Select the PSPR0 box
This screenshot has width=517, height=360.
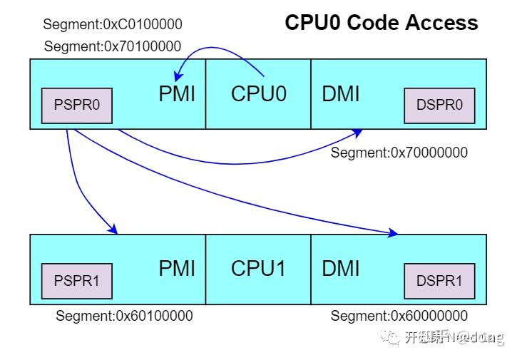pyautogui.click(x=77, y=106)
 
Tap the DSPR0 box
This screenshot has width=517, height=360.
pyautogui.click(x=439, y=106)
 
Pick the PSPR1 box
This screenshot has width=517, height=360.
pyautogui.click(x=77, y=280)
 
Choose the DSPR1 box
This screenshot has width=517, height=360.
pyautogui.click(x=439, y=280)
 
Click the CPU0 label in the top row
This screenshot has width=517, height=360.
pyautogui.click(x=258, y=94)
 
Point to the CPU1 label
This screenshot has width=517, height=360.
pyautogui.click(x=258, y=269)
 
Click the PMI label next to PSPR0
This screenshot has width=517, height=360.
pyautogui.click(x=177, y=94)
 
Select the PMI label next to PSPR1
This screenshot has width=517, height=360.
pyautogui.click(x=177, y=269)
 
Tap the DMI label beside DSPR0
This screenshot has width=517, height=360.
pyautogui.click(x=341, y=94)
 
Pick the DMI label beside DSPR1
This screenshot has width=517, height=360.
pyautogui.click(x=341, y=269)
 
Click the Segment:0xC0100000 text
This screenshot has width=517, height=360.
pyautogui.click(x=113, y=25)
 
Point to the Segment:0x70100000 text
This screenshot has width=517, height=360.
pyautogui.click(x=113, y=47)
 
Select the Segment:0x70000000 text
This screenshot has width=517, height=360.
pyautogui.click(x=399, y=153)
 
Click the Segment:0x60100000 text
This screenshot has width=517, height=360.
pyautogui.click(x=124, y=316)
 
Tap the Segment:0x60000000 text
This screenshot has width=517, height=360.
pyautogui.click(x=399, y=316)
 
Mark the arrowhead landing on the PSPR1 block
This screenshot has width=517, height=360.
pyautogui.click(x=113, y=230)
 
